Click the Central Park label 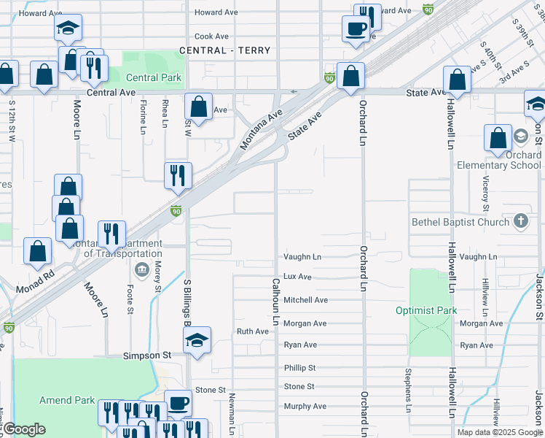click(x=154, y=78)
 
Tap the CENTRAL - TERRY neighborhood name click(x=225, y=50)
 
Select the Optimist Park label click(x=426, y=310)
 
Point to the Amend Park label click(x=67, y=400)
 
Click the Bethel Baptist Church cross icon click(x=521, y=220)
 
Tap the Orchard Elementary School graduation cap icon click(x=521, y=137)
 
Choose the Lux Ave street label click(x=297, y=277)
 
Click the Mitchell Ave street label click(x=305, y=300)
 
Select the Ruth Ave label click(x=253, y=331)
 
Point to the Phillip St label click(x=299, y=368)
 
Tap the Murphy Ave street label click(x=305, y=406)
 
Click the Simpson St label click(x=146, y=355)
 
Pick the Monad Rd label click(x=36, y=278)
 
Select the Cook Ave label click(x=212, y=36)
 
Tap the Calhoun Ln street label click(x=276, y=301)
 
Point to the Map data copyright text click(x=499, y=432)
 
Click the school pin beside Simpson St click(x=197, y=340)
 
